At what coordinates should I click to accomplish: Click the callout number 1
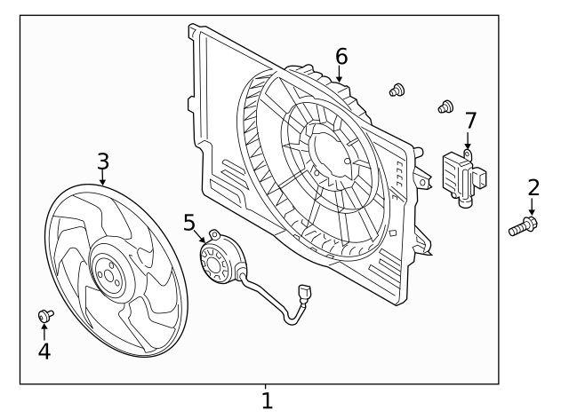pyautogui.click(x=266, y=400)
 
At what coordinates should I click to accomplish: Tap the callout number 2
pyautogui.click(x=533, y=187)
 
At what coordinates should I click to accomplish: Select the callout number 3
pyautogui.click(x=103, y=161)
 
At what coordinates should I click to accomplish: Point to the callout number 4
pyautogui.click(x=44, y=351)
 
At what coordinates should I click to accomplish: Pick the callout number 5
pyautogui.click(x=188, y=221)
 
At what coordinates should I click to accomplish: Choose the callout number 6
pyautogui.click(x=341, y=57)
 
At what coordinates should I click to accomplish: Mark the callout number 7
pyautogui.click(x=470, y=119)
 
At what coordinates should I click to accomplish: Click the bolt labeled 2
pyautogui.click(x=524, y=226)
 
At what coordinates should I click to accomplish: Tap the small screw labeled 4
pyautogui.click(x=44, y=315)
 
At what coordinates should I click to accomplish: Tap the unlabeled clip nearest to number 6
pyautogui.click(x=397, y=89)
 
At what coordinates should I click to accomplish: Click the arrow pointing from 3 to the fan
pyautogui.click(x=103, y=177)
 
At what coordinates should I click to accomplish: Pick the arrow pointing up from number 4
pyautogui.click(x=44, y=332)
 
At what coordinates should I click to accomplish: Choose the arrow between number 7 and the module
pyautogui.click(x=469, y=139)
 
